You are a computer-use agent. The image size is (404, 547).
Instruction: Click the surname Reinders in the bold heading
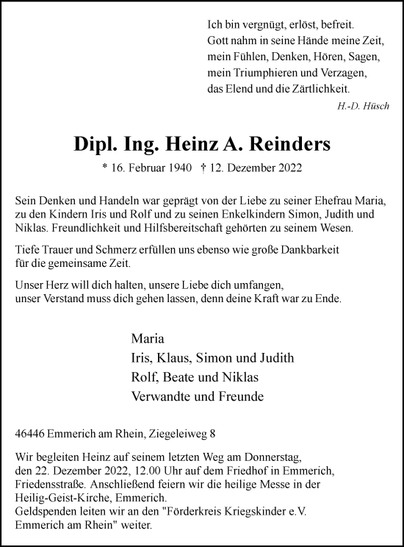tap(287, 146)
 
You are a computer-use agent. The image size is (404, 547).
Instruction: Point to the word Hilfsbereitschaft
tap(189, 229)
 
